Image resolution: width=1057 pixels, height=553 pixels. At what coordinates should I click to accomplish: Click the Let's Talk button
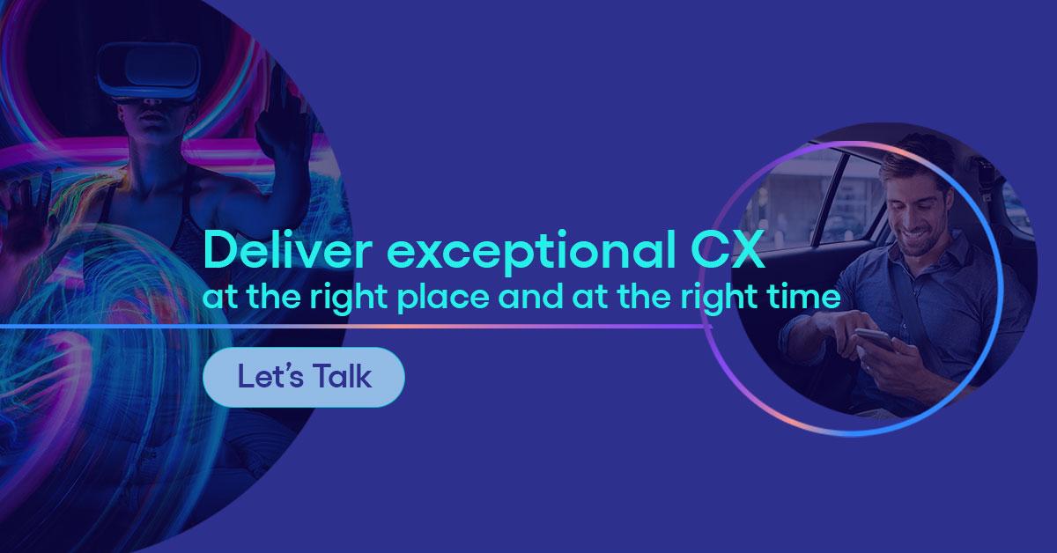(303, 377)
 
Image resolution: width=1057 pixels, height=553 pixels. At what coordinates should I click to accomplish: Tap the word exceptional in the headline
(531, 254)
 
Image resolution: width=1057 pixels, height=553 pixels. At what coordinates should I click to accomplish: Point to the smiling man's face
(914, 212)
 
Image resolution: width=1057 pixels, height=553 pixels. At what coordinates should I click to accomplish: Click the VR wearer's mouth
(152, 116)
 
